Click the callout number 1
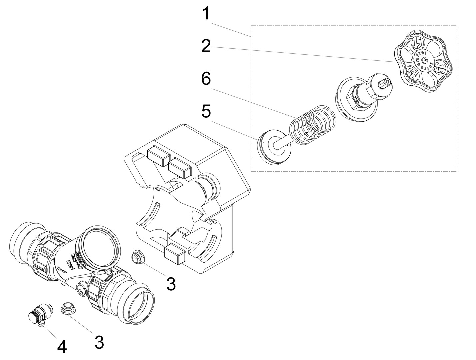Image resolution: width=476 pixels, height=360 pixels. click(x=207, y=14)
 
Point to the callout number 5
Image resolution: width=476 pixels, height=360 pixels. click(x=206, y=112)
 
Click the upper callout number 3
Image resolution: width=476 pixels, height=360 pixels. click(x=171, y=284)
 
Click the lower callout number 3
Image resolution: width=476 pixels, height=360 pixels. click(x=99, y=342)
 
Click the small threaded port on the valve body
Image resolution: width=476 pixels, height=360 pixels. click(x=81, y=288)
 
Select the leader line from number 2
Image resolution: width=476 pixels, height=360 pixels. click(x=300, y=53)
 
